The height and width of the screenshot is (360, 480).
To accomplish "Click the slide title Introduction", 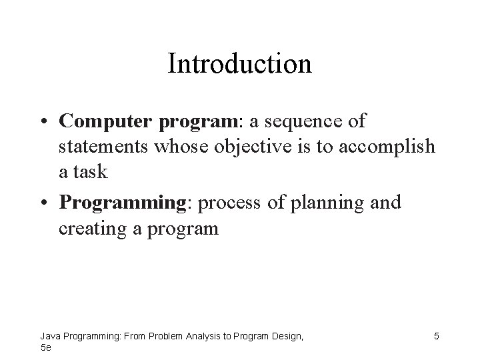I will point(239,65).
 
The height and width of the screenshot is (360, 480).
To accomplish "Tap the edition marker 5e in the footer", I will point(45,347).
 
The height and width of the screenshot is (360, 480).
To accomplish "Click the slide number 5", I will point(436,337).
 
